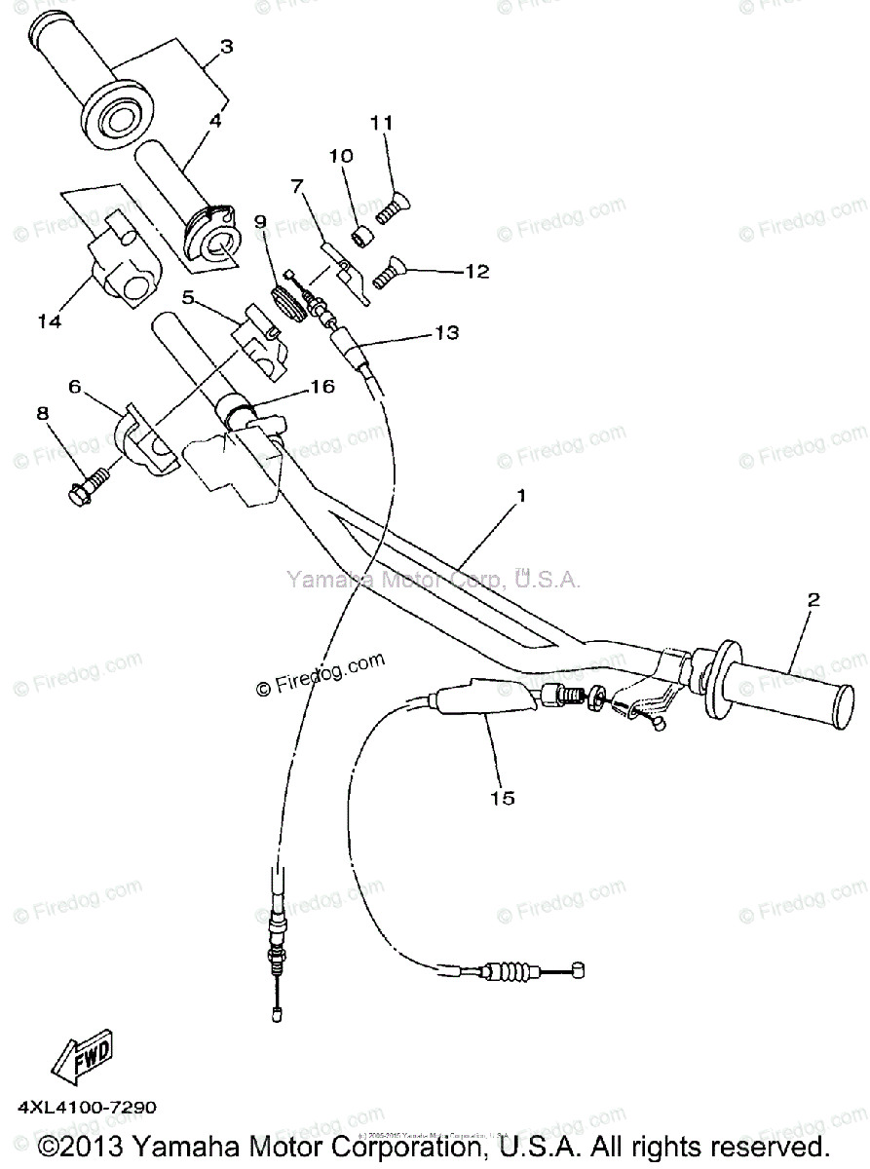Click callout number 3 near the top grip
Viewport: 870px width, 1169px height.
pos(226,46)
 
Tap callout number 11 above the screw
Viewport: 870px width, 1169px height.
pos(381,123)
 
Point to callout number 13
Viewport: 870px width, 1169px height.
pos(446,332)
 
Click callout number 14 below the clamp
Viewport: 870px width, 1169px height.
pos(50,321)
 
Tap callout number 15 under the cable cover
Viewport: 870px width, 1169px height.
pos(503,799)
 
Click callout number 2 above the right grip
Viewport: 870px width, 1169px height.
pos(813,598)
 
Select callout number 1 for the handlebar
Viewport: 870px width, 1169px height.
pos(521,495)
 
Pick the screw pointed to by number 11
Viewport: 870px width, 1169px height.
pos(393,207)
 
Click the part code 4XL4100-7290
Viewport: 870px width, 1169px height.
pos(85,1108)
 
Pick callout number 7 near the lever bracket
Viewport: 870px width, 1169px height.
pos(297,186)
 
